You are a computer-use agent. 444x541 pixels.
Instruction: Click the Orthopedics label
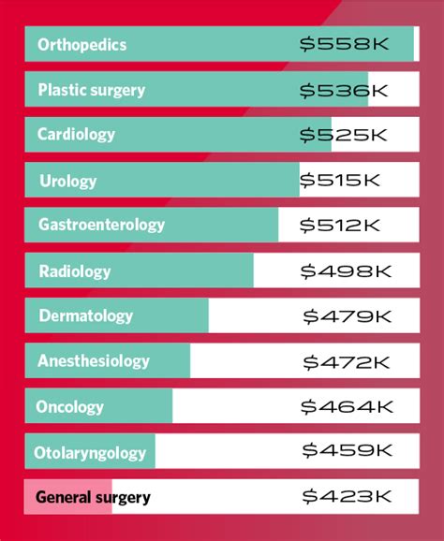tap(81, 45)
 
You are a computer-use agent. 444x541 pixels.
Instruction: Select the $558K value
tap(343, 44)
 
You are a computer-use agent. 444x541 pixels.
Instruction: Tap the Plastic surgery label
tap(91, 91)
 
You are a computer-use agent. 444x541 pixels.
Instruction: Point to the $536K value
tap(343, 90)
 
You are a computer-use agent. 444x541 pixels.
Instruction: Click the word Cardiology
tap(76, 135)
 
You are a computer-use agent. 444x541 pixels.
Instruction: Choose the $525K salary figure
tap(343, 135)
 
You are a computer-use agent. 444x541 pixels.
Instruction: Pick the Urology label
tap(67, 181)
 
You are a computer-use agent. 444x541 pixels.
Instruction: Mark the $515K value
tap(341, 180)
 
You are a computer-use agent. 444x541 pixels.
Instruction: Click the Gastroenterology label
tap(101, 225)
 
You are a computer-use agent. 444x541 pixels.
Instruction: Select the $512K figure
tap(340, 225)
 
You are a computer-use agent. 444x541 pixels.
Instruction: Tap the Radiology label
tap(74, 271)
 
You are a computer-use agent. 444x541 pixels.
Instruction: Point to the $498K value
tap(345, 270)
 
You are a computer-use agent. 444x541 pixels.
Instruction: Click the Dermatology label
tap(85, 316)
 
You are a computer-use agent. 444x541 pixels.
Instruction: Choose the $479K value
tap(346, 316)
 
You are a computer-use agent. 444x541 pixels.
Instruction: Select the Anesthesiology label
tap(93, 361)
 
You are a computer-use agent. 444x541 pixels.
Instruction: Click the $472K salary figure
tap(346, 361)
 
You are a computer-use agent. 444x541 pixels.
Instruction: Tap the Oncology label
tap(69, 407)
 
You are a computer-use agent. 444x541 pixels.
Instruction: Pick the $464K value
tap(345, 406)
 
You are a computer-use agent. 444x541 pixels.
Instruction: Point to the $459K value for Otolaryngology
tap(346, 451)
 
